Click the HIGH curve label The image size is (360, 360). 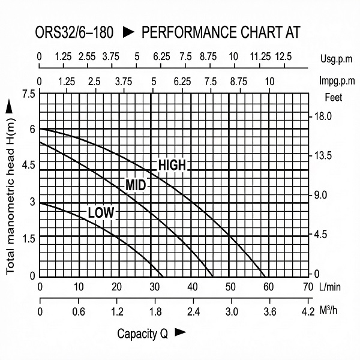(x=172, y=165)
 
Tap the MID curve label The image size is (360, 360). (x=136, y=185)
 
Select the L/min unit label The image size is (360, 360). (x=331, y=286)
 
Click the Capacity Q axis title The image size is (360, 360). (x=142, y=334)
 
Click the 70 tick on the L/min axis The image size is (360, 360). (x=309, y=286)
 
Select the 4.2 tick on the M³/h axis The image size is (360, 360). (x=308, y=312)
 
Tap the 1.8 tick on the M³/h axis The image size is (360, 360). (x=155, y=312)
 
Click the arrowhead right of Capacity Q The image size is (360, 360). (x=180, y=332)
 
